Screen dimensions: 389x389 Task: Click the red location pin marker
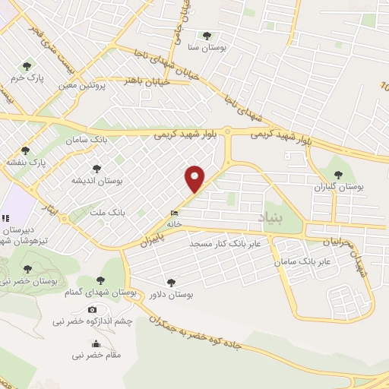195,178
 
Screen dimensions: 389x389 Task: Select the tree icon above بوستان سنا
207,35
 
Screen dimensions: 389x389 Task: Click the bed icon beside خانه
175,213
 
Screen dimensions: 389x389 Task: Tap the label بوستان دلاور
171,295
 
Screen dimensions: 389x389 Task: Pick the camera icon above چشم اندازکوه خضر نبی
93,309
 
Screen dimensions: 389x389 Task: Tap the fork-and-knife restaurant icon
5,219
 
